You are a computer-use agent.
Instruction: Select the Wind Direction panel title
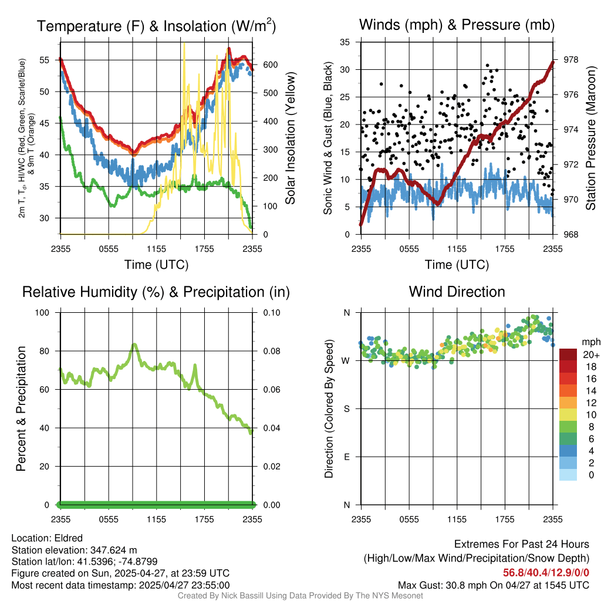coord(457,292)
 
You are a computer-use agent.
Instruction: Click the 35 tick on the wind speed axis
coord(346,42)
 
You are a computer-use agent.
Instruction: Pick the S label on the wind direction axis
coord(346,408)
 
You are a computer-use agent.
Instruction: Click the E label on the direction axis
coord(346,457)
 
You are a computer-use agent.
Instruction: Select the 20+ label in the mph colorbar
coord(590,354)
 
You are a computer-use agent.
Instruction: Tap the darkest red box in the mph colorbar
coord(568,354)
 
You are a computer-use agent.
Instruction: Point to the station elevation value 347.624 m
coord(113,550)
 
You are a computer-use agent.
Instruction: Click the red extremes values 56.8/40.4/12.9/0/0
coord(546,573)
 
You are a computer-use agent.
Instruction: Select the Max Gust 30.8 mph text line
coord(493,585)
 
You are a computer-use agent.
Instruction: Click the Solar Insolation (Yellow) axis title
coord(290,139)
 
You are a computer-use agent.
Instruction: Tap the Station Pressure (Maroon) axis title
coord(590,139)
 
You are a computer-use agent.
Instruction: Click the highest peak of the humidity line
coord(134,345)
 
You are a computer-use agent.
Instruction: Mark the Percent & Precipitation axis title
coord(21,408)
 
